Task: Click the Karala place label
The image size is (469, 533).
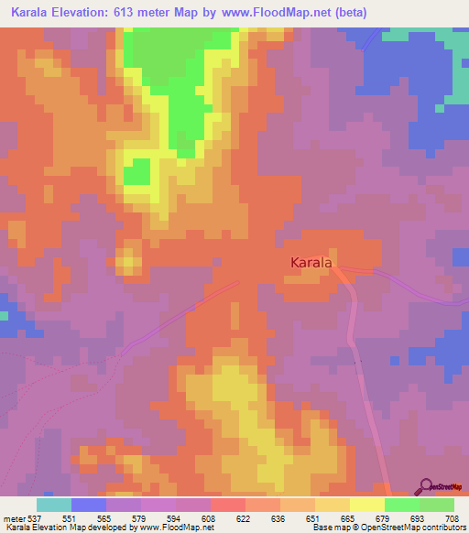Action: [311, 263]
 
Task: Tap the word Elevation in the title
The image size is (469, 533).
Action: [92, 12]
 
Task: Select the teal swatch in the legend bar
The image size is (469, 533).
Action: [54, 505]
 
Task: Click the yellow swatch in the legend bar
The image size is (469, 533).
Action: [366, 505]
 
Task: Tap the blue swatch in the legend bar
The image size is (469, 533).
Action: [89, 505]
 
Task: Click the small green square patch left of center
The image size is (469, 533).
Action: [137, 171]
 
